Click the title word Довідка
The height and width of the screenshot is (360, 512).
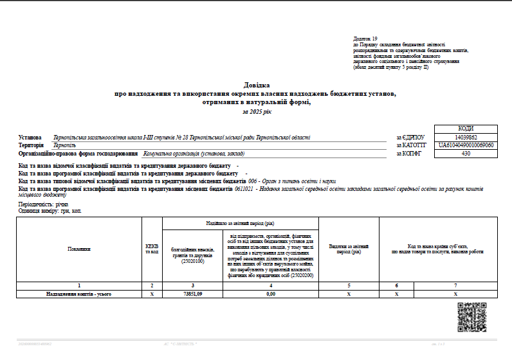(x=257, y=85)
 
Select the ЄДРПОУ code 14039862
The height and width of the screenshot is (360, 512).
(x=466, y=137)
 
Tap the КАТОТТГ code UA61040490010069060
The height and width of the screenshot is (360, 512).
(x=466, y=145)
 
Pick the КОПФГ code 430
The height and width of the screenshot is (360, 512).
(x=466, y=154)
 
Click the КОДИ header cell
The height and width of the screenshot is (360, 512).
(x=466, y=129)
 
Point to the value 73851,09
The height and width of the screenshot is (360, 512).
(x=192, y=294)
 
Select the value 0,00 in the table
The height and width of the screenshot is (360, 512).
(x=271, y=294)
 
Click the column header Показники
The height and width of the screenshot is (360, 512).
(x=79, y=249)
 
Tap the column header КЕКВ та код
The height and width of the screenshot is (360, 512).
(x=152, y=249)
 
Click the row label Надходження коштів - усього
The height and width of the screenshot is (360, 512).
(x=79, y=294)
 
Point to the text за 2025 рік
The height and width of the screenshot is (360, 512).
(x=257, y=111)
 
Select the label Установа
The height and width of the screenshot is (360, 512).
(x=30, y=138)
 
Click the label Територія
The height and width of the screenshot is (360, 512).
(x=32, y=146)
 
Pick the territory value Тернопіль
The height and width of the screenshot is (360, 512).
(x=65, y=146)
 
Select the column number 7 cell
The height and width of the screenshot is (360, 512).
(x=455, y=285)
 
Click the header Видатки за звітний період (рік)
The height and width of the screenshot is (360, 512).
(x=349, y=249)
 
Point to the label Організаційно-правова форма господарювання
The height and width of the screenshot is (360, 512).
(x=78, y=154)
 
